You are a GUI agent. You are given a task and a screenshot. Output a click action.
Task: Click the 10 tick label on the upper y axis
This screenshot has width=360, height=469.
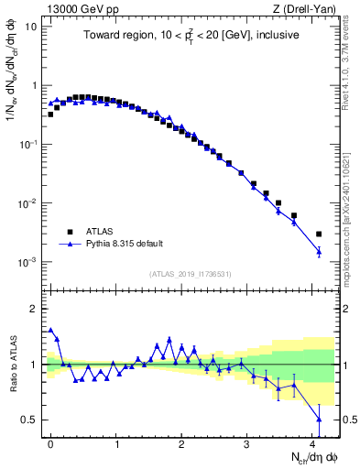30,27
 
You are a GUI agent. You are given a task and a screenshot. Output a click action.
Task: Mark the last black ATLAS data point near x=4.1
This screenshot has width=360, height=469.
319,234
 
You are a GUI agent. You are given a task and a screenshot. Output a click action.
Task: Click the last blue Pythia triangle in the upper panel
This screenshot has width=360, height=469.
319,251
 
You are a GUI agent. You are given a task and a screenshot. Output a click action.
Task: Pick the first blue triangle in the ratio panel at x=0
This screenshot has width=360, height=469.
50,330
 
